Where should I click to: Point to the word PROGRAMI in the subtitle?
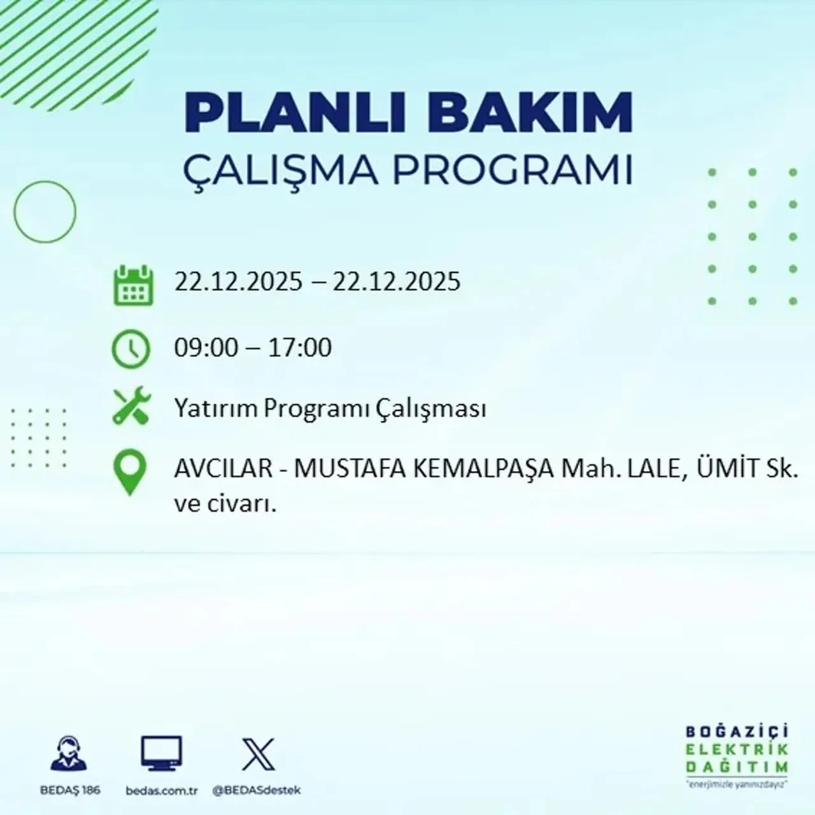coord(513,170)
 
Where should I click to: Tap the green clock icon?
coord(131,349)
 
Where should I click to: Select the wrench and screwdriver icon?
coord(131,407)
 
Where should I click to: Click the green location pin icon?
coord(129,472)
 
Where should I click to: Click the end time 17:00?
coord(301,348)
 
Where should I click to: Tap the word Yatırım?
coord(216,409)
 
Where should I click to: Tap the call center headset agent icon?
coord(69,755)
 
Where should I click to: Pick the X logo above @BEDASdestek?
coord(259,755)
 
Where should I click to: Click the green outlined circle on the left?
coord(45,211)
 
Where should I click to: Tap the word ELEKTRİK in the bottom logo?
coord(737,749)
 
